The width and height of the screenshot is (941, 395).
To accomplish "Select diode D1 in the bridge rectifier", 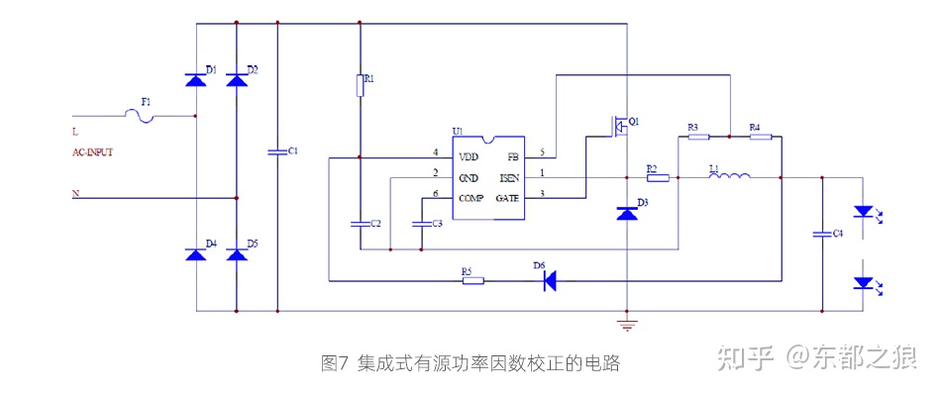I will [x=195, y=80].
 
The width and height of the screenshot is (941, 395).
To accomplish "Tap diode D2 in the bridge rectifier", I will [x=236, y=80].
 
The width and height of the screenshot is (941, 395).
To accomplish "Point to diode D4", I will [x=195, y=254].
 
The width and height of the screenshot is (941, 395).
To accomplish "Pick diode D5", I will [x=236, y=254].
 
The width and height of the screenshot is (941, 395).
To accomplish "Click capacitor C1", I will [x=276, y=152].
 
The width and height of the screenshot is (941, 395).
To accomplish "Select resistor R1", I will [x=360, y=87].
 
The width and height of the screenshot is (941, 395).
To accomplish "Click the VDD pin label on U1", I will [x=469, y=156].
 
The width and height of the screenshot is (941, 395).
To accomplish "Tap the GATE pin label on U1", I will [x=507, y=198].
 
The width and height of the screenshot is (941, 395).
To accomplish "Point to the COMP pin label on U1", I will [x=471, y=198].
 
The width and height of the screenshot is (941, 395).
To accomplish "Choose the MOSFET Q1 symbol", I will [x=621, y=126].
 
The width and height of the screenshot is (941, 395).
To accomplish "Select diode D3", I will [x=626, y=212].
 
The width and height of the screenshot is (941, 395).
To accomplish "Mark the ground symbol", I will [x=626, y=323].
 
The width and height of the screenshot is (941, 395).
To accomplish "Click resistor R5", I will [x=473, y=280].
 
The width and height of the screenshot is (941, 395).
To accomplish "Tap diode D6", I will [x=548, y=280].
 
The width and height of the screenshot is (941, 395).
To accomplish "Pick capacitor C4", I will [x=821, y=235].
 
